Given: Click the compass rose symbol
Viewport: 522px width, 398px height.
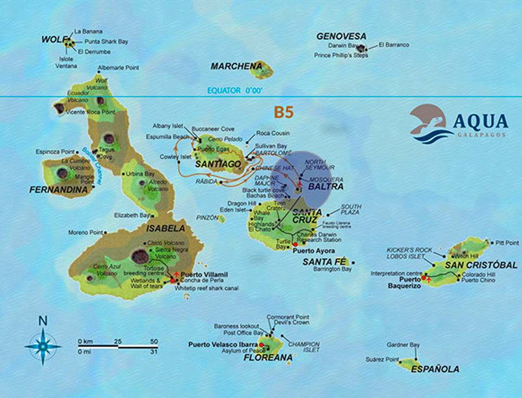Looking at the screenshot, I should pos(43,346).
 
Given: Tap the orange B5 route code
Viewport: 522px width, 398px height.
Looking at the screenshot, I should pos(283,112).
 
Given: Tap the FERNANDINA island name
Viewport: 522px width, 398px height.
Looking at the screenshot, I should pos(59,190).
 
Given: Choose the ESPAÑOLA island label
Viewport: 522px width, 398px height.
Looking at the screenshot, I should pos(435,369).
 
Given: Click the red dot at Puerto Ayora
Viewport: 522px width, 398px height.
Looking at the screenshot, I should pos(295,244).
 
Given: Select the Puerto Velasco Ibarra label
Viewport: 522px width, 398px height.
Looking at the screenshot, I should pos(222,344).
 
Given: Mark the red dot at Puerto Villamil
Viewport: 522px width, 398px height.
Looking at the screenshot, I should pos(173,280).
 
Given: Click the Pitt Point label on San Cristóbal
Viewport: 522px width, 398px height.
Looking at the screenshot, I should pos(506,243).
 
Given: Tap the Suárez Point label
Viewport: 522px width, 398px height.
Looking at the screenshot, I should pos(382,360).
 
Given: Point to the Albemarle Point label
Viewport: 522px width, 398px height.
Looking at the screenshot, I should pos(118,68).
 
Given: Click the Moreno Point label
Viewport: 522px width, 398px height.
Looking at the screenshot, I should pos(85,232).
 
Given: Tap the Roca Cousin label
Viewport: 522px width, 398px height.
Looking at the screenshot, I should pos(273,133).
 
